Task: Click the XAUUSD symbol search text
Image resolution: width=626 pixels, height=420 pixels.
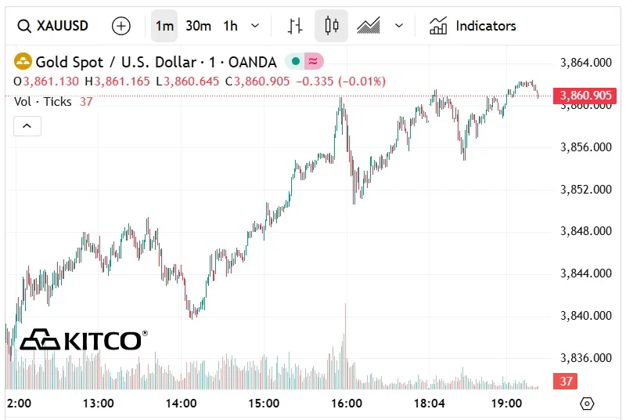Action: (x=63, y=26)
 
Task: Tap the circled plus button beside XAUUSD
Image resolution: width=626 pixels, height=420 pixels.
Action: (x=121, y=26)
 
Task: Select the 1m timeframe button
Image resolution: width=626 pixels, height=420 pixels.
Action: (x=164, y=26)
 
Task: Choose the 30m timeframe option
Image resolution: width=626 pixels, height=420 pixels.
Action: (x=198, y=26)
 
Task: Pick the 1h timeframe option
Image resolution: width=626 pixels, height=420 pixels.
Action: (x=230, y=26)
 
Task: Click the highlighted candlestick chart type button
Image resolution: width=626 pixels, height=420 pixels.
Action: (x=331, y=26)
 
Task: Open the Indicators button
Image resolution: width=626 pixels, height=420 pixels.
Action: (x=473, y=26)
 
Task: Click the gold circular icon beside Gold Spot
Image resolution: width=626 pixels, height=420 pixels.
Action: (x=23, y=61)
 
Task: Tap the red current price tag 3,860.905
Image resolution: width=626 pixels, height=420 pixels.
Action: (x=583, y=96)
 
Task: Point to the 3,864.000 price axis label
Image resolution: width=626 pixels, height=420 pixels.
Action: (x=586, y=62)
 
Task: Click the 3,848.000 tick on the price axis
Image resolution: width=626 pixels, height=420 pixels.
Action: (x=586, y=231)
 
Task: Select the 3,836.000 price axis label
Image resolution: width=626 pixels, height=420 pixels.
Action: (x=586, y=358)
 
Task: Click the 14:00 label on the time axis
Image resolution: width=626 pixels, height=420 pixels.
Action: (x=182, y=404)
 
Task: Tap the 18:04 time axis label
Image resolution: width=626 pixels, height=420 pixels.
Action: (x=429, y=404)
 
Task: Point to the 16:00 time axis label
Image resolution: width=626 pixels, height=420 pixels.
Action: (x=347, y=404)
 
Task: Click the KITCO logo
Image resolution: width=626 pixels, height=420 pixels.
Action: (x=82, y=340)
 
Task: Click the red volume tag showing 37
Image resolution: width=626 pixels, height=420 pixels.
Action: (x=565, y=382)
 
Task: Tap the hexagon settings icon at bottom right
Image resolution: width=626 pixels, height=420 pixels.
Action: (x=588, y=404)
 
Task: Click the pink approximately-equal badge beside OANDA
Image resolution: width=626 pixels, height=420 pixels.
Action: (x=313, y=61)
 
